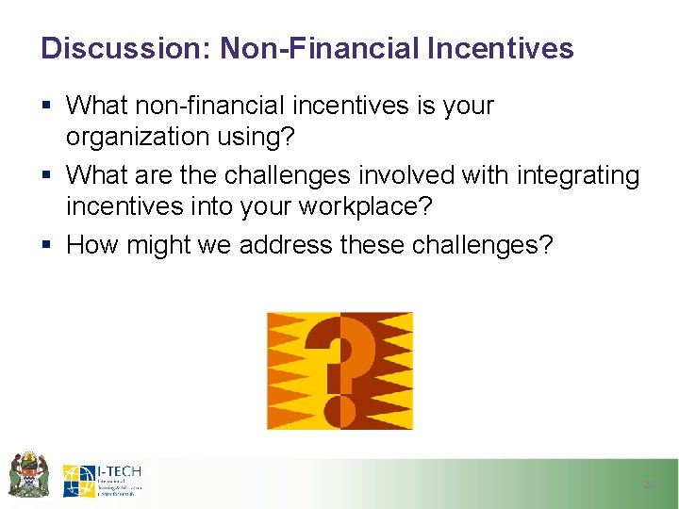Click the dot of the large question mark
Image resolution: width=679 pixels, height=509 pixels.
[339, 412]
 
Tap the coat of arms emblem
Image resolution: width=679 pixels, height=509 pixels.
[28, 474]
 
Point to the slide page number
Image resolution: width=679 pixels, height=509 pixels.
[648, 484]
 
